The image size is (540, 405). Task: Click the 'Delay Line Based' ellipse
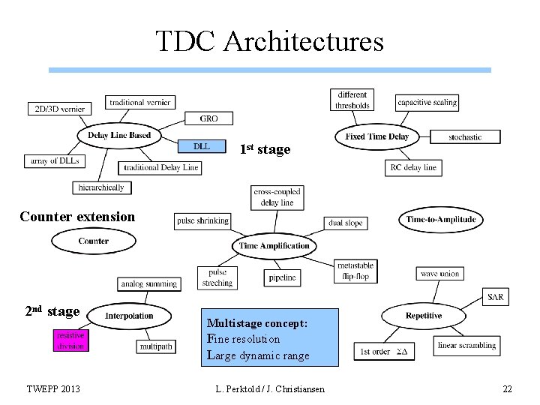click(x=118, y=135)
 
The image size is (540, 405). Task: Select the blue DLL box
click(x=202, y=146)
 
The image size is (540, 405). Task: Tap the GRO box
click(x=209, y=118)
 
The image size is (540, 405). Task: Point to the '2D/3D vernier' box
click(x=59, y=109)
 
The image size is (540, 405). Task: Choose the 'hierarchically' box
click(x=102, y=187)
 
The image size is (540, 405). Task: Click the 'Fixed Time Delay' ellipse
click(x=376, y=136)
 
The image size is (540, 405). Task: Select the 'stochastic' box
click(x=465, y=137)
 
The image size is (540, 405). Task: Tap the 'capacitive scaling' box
click(x=427, y=102)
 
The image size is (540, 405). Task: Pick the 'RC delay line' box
click(x=413, y=167)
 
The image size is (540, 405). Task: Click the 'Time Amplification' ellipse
click(x=274, y=245)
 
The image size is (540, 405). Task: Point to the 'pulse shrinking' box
click(x=202, y=220)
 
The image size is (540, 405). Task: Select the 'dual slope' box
click(x=345, y=223)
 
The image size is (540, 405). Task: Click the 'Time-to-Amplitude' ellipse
click(x=441, y=220)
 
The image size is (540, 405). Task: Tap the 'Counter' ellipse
click(x=93, y=241)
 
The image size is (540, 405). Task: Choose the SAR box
click(x=496, y=297)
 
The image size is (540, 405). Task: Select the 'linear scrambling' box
click(x=466, y=346)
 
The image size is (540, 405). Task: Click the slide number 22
click(x=507, y=388)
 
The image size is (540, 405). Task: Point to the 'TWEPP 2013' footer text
click(x=53, y=388)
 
